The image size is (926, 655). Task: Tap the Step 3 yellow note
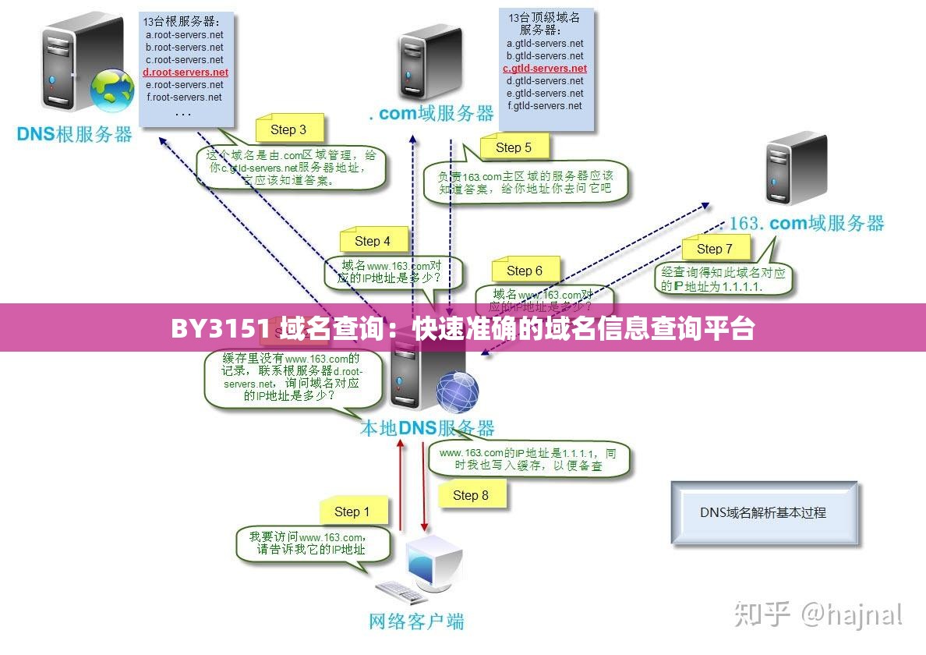tap(289, 129)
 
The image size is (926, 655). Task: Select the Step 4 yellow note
tap(373, 241)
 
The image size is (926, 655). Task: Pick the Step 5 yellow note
tap(514, 147)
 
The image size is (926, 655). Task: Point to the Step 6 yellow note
tap(525, 271)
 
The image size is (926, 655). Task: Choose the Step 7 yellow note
tap(715, 249)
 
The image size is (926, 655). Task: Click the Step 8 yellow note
tap(471, 494)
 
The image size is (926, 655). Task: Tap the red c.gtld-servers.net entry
tap(545, 69)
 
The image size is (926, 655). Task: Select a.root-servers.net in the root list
tap(185, 35)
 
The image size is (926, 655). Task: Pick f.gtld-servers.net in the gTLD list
tap(545, 105)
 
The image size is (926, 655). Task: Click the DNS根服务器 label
tap(75, 134)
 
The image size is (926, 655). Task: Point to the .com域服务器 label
tap(431, 114)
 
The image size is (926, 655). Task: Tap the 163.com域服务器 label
tap(806, 224)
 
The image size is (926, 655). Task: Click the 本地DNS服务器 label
tap(426, 428)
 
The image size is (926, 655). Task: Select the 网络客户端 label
tap(416, 621)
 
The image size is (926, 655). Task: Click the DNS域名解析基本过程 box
tap(763, 513)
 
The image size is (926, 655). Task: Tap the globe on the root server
tap(112, 91)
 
